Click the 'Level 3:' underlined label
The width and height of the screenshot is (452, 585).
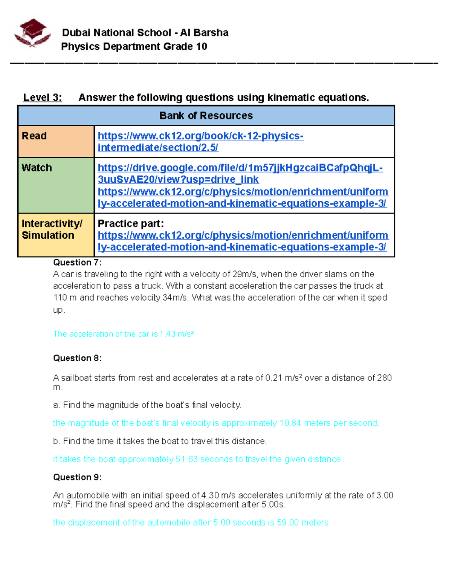point(43,98)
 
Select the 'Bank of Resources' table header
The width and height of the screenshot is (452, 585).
point(206,116)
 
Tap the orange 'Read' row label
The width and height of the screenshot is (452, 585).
point(34,136)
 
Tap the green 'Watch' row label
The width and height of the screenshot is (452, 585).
point(37,168)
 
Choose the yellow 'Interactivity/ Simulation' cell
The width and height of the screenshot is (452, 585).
point(52,229)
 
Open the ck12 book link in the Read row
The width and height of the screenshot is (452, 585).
point(200,142)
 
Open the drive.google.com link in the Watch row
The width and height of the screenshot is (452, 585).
point(240,174)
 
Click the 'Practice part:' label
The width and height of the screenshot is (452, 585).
point(131,224)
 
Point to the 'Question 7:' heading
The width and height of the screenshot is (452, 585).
point(77,263)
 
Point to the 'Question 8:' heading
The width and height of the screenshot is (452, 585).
point(77,358)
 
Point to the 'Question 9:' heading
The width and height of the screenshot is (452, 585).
point(77,477)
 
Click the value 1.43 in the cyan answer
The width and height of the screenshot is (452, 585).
point(168,334)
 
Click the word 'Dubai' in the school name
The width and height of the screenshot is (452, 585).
point(76,33)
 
